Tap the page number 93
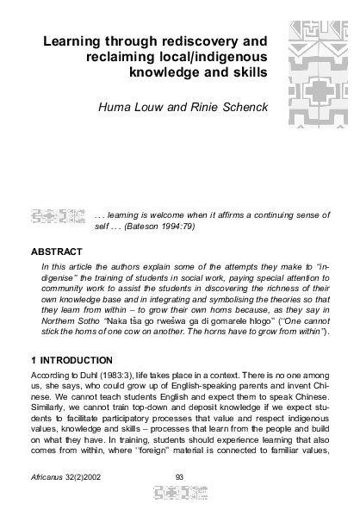pyautogui.click(x=179, y=476)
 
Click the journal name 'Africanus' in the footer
pyautogui.click(x=47, y=476)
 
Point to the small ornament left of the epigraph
pyautogui.click(x=58, y=215)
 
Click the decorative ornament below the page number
pyautogui.click(x=179, y=494)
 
